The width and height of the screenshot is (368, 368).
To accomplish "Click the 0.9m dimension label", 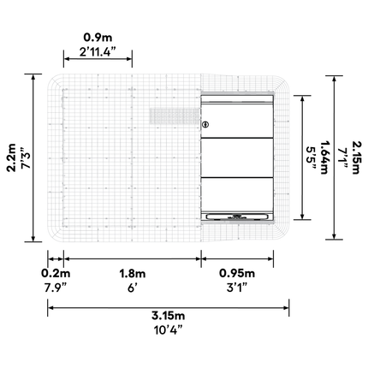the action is [x=98, y=38].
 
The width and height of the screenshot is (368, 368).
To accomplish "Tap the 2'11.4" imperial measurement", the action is [x=98, y=52].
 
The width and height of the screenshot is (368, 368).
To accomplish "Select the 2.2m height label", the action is [x=12, y=157].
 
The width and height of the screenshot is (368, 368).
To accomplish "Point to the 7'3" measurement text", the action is [x=26, y=157].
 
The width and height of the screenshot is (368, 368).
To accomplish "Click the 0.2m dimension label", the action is [x=56, y=273].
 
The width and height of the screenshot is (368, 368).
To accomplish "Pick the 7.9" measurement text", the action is [x=56, y=288].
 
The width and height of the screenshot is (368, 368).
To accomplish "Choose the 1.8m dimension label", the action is [x=133, y=273].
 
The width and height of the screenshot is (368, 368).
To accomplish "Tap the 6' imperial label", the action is [x=133, y=288].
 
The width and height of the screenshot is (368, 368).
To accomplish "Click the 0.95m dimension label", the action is [x=237, y=273].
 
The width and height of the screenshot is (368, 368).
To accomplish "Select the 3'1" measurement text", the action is [x=237, y=288].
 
